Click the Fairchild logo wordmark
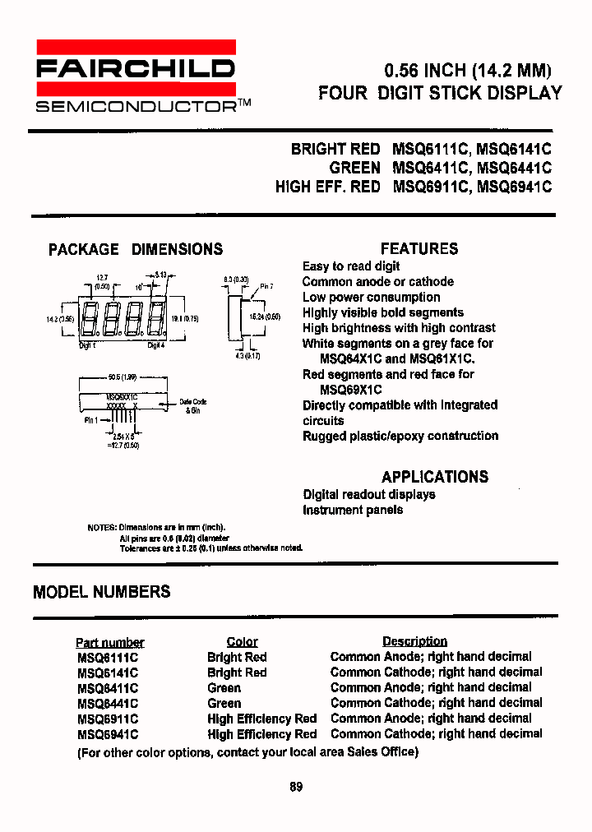136,68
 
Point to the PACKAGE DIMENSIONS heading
136,249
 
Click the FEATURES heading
419,249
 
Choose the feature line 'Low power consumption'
371,297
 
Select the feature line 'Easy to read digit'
351,266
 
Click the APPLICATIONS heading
434,477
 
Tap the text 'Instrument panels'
353,510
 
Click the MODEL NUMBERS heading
102,592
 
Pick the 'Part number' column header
109,642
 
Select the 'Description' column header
414,641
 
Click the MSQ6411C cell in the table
108,688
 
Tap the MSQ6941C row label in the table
108,734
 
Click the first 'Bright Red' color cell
237,657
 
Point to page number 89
296,787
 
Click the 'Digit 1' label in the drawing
87,347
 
